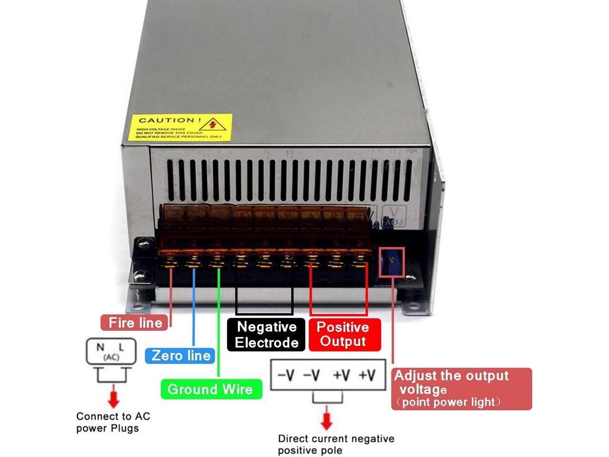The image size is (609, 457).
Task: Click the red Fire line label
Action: tap(135, 323)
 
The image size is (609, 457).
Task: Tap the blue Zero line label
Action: tap(180, 356)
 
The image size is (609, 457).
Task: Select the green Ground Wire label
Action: tap(210, 389)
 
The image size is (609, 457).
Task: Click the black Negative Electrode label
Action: tap(266, 335)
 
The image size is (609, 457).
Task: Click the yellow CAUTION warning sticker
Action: tap(180, 128)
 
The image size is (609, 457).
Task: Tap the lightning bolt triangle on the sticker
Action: tap(213, 124)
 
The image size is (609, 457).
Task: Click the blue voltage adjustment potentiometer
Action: tap(392, 261)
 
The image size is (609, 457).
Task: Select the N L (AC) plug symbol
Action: tap(110, 351)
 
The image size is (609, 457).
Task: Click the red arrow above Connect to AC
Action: tap(113, 396)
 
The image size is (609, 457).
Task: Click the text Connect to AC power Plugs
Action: tap(113, 422)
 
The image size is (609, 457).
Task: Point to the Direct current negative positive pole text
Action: tap(336, 444)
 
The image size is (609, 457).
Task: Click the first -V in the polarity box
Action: tap(286, 375)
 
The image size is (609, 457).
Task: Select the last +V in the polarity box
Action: tap(367, 375)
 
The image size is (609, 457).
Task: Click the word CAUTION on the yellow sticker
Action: tap(167, 120)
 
